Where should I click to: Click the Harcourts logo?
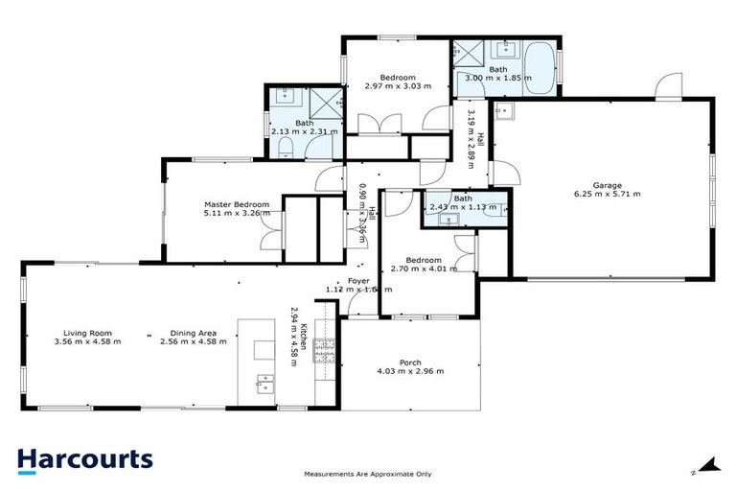(84, 458)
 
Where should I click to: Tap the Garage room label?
(607, 185)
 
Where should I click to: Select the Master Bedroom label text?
(236, 204)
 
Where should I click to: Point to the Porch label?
(410, 362)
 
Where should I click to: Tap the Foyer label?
(358, 280)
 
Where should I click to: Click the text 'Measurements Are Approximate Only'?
(367, 474)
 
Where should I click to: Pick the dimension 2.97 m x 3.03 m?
(398, 86)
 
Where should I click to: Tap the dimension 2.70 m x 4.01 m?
(423, 270)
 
